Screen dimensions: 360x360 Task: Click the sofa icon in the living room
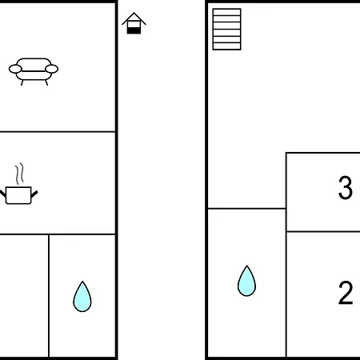click(x=34, y=71)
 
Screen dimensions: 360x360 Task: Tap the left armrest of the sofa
click(x=15, y=69)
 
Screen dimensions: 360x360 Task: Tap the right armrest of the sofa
click(x=52, y=69)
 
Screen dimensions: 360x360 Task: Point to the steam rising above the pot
click(x=19, y=174)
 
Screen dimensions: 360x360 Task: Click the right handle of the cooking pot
click(x=34, y=194)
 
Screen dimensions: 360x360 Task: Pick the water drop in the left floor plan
click(x=82, y=297)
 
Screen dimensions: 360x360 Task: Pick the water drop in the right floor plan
click(x=246, y=281)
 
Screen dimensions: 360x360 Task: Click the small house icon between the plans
click(x=134, y=23)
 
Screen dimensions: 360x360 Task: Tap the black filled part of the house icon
click(x=134, y=30)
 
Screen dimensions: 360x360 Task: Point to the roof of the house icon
click(x=134, y=18)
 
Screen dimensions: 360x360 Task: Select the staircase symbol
click(x=227, y=30)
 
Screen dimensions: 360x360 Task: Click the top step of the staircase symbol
click(x=227, y=12)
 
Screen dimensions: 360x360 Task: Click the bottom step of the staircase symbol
click(x=227, y=46)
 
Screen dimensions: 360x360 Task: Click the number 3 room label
click(x=346, y=188)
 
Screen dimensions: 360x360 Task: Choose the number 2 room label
click(x=346, y=293)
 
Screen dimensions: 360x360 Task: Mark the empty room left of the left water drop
click(x=24, y=295)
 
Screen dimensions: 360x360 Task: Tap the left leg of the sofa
click(x=22, y=82)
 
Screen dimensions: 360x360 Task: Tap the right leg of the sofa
click(x=46, y=82)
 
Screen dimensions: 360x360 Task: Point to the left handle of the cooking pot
click(x=2, y=194)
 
